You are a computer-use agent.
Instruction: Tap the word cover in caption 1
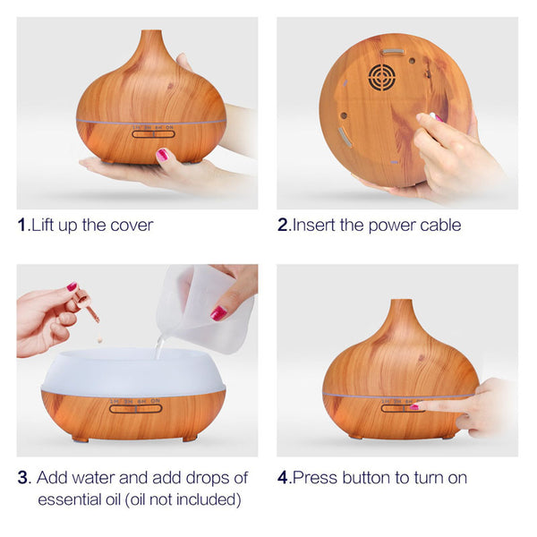131,226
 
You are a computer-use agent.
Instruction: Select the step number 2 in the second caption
283,226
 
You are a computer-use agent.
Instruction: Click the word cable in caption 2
439,226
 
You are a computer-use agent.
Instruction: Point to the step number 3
23,477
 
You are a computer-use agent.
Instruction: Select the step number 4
283,477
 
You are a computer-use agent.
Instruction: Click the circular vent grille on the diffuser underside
382,77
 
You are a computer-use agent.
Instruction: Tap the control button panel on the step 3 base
136,408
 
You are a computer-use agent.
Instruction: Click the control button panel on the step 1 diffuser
153,134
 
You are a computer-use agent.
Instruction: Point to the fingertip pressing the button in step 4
417,407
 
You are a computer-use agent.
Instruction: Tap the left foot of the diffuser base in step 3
81,438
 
